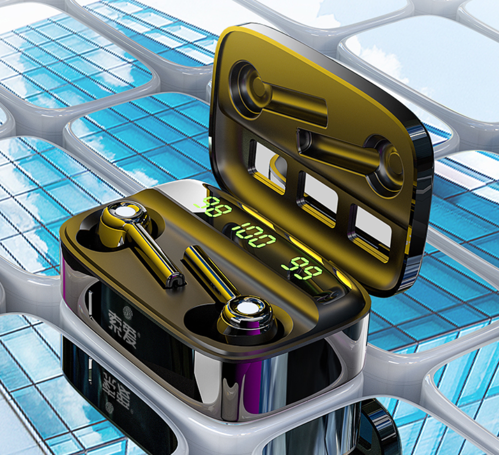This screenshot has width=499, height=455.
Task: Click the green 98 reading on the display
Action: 216,207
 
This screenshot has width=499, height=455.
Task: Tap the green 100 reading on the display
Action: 254,235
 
